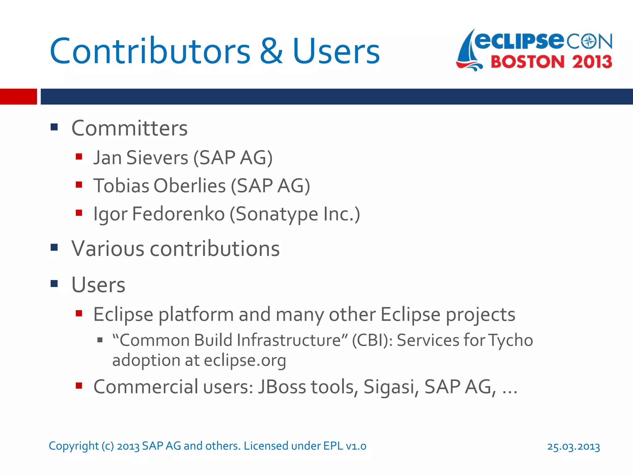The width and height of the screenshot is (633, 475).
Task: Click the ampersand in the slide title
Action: [x=271, y=51]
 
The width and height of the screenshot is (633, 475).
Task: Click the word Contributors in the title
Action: [x=150, y=51]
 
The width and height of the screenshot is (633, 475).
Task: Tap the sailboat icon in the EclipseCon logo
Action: [x=468, y=51]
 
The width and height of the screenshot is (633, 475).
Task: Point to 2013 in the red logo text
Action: [x=592, y=62]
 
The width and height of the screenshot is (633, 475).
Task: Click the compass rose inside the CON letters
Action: [x=589, y=41]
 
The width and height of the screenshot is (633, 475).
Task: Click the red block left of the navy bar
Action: [x=18, y=96]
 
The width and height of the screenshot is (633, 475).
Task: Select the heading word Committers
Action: [x=130, y=128]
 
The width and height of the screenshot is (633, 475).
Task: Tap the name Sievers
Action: [x=157, y=158]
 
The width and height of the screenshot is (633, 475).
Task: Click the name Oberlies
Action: [x=189, y=186]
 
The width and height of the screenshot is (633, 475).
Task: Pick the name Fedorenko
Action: [x=178, y=214]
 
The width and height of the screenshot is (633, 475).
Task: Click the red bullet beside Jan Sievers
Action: [x=79, y=156]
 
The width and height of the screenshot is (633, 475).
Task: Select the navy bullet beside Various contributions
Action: [x=54, y=247]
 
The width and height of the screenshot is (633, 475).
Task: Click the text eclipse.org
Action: [x=245, y=361]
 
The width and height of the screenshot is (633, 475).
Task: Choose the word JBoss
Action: [x=282, y=387]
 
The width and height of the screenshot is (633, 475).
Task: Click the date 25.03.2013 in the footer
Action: [x=573, y=447]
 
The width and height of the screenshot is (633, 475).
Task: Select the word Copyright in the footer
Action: [x=74, y=446]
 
